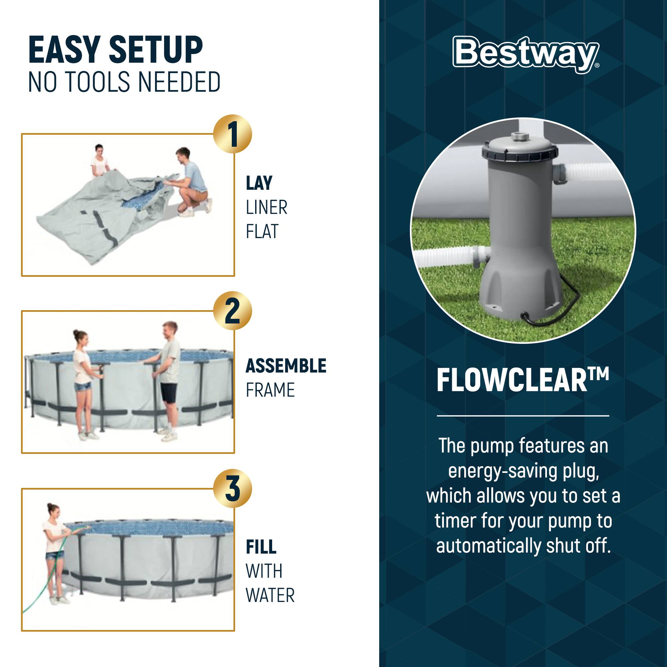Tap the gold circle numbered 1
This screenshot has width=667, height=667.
[x=232, y=134]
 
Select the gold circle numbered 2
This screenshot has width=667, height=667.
[x=232, y=310]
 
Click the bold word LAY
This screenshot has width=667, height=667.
[x=259, y=183]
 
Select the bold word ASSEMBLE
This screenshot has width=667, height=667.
[x=285, y=366]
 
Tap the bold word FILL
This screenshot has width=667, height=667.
[x=261, y=547]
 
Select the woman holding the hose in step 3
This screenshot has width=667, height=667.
[x=54, y=549]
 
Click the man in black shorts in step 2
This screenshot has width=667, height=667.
[x=169, y=380]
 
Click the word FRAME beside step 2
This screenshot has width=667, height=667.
[x=270, y=390]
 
